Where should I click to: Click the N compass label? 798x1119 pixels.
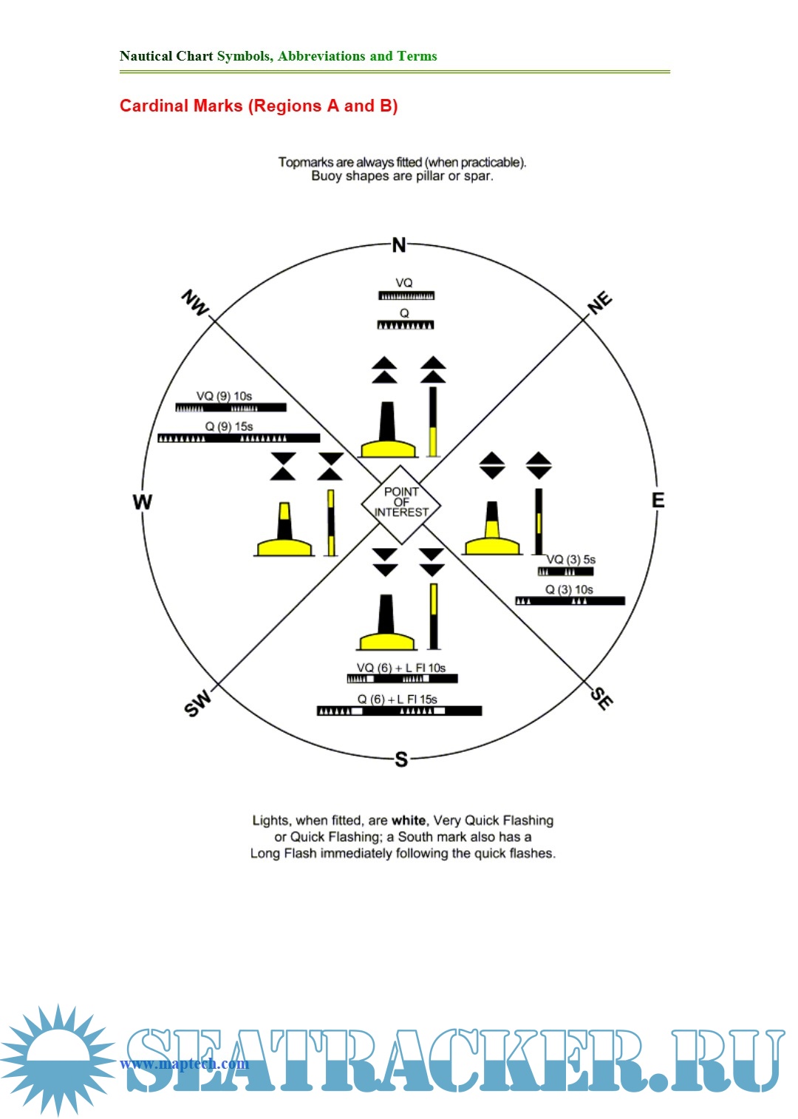click(399, 245)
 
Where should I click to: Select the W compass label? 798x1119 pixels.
click(142, 502)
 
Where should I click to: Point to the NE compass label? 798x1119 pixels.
click(599, 303)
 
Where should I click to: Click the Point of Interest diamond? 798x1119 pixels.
click(400, 503)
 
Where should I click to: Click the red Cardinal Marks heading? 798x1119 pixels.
click(259, 106)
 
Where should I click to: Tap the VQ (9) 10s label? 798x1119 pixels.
click(224, 396)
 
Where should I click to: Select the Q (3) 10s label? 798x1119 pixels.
click(569, 589)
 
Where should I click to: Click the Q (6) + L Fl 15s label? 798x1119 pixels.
click(398, 699)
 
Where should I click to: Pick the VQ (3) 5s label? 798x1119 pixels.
click(570, 559)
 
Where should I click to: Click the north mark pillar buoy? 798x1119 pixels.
click(387, 431)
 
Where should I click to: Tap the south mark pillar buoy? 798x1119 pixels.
click(386, 623)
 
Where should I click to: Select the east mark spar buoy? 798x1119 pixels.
click(539, 521)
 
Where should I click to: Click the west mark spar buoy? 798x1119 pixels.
click(330, 522)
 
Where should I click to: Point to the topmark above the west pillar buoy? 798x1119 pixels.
click(282, 466)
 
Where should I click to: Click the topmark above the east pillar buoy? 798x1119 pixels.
click(492, 465)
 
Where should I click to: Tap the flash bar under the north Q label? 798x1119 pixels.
click(406, 325)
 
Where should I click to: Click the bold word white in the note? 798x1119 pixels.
click(409, 820)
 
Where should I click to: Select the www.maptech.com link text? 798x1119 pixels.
click(184, 1064)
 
